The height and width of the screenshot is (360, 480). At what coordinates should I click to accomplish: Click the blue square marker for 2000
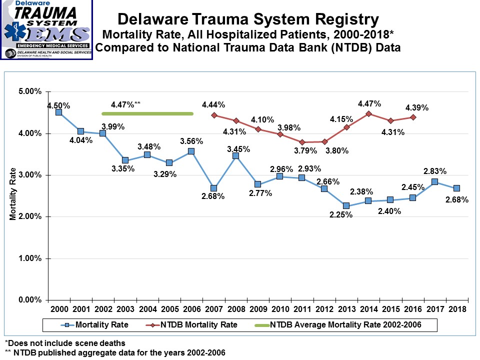58,112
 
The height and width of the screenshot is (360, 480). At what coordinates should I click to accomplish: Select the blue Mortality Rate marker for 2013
346,206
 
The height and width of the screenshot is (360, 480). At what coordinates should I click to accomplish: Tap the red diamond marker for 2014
368,113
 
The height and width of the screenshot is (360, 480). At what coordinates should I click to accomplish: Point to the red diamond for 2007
213,115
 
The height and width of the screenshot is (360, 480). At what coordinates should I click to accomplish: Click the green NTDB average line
147,113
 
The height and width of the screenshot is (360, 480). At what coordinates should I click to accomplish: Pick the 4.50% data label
58,105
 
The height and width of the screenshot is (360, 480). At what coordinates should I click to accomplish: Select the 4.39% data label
417,107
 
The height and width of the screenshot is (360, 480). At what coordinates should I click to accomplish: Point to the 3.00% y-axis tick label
30,175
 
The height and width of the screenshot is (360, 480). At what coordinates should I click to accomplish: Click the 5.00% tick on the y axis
30,92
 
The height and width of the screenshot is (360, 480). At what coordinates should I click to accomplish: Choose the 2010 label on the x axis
280,309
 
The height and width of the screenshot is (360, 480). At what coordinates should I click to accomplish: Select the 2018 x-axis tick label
456,309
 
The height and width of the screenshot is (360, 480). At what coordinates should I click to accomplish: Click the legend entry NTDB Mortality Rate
199,324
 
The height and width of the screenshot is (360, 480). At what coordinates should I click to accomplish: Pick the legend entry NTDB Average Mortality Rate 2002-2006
345,324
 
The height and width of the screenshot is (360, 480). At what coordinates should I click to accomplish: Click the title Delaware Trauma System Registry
247,19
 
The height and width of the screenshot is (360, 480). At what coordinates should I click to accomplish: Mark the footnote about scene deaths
65,343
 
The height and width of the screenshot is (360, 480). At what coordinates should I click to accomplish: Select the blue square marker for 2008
235,156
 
